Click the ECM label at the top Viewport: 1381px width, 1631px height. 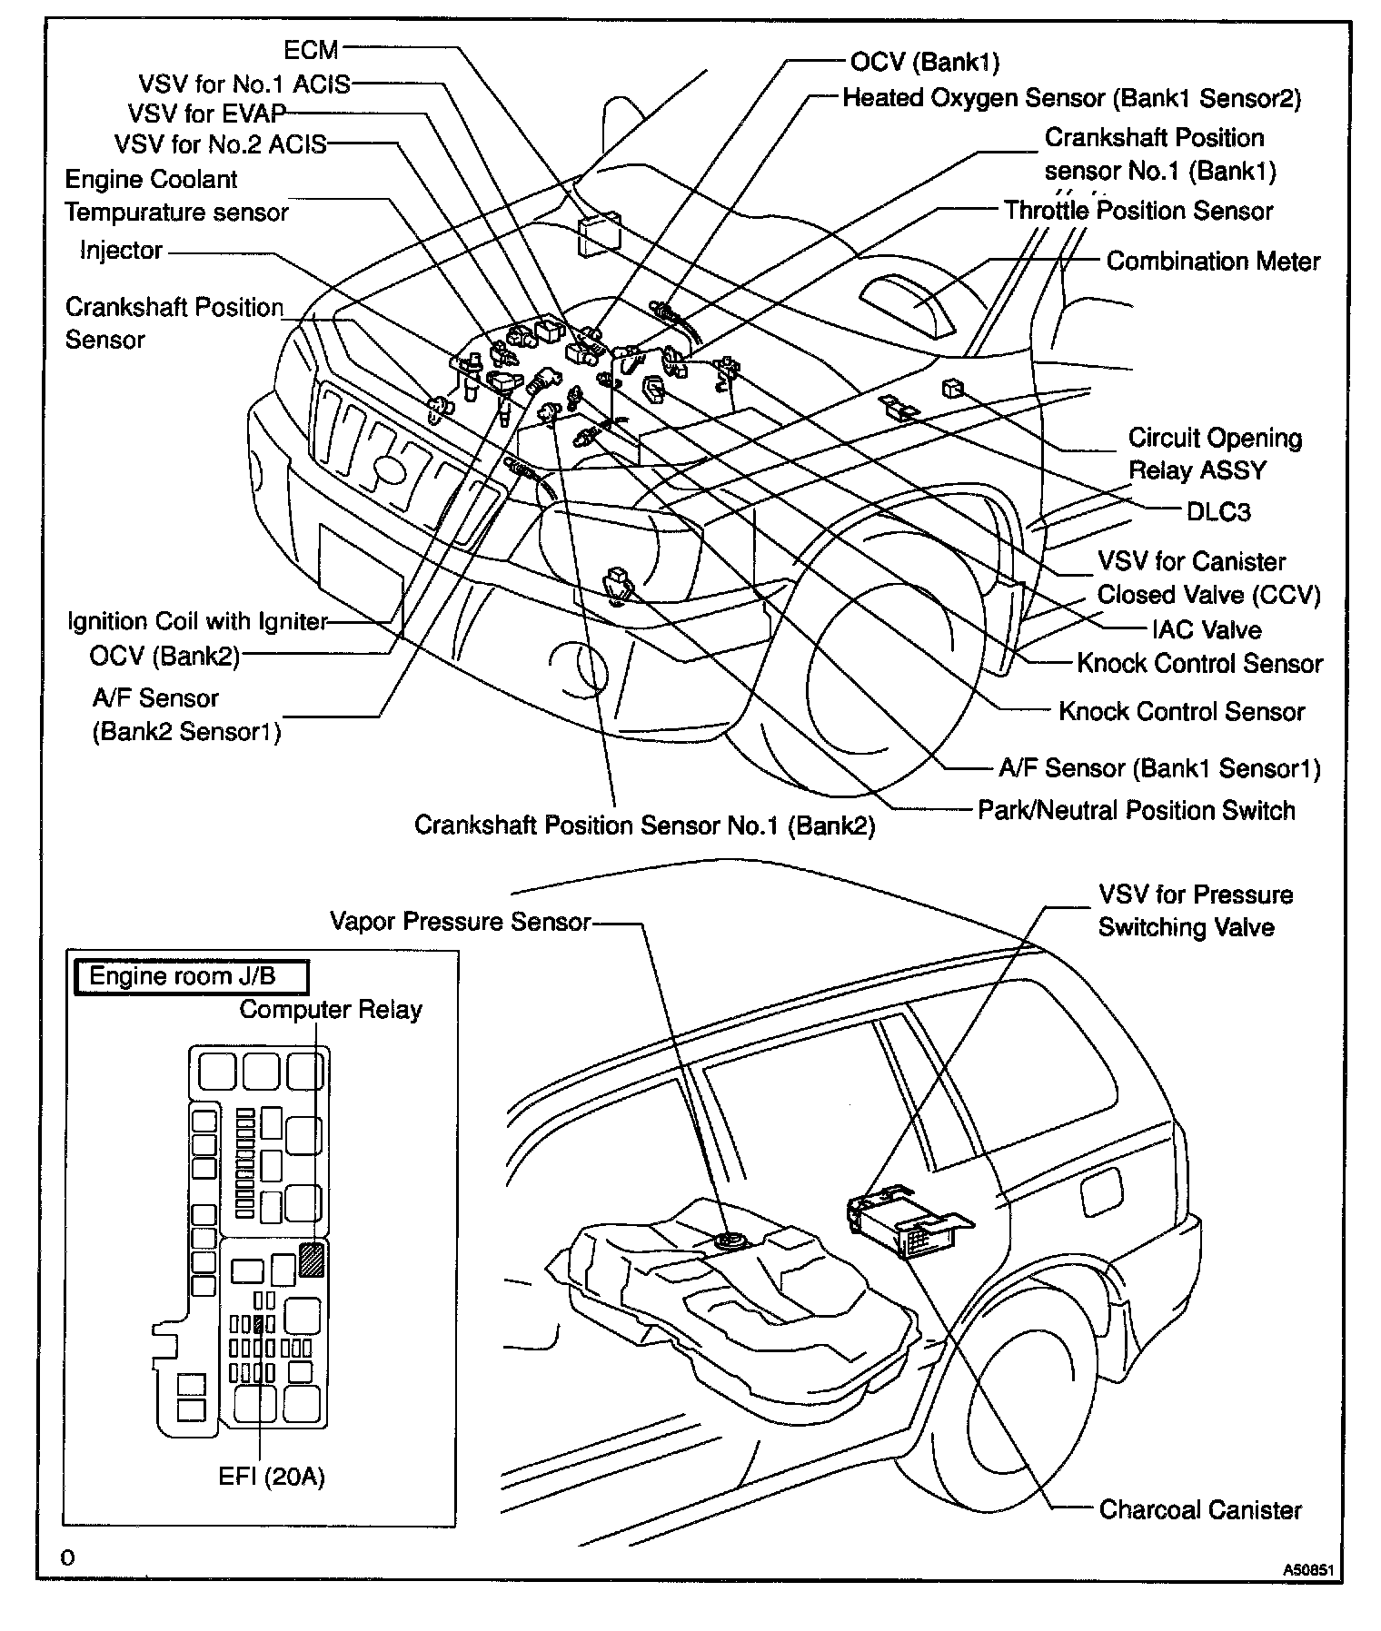click(312, 51)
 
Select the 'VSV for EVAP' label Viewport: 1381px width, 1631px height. click(207, 114)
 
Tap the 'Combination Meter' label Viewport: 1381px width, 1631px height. click(1213, 262)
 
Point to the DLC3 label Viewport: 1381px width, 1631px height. click(1218, 512)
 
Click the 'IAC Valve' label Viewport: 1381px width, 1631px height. click(1206, 629)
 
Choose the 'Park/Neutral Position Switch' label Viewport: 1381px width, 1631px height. click(1136, 810)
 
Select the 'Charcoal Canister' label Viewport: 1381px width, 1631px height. click(1200, 1510)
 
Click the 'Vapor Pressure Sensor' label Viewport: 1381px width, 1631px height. click(460, 922)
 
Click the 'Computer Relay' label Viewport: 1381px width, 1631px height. click(331, 1010)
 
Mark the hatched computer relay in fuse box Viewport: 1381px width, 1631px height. click(312, 1260)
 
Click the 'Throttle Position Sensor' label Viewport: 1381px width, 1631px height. click(1138, 211)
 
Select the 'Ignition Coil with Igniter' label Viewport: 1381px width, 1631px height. click(197, 621)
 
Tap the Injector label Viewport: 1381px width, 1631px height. click(121, 251)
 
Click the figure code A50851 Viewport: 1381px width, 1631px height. click(1312, 1568)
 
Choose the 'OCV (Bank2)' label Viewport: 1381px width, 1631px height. click(164, 656)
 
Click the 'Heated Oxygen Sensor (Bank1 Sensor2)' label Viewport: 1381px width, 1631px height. click(1072, 98)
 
